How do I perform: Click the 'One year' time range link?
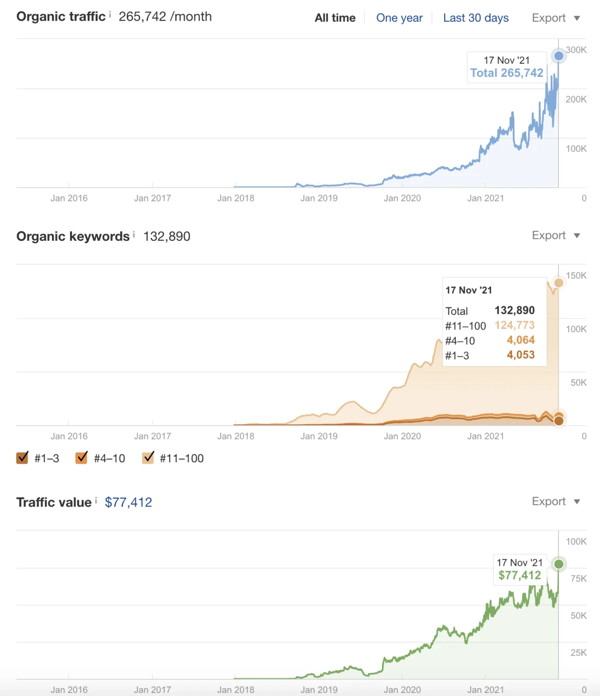[399, 18]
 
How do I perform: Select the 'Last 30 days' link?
[475, 18]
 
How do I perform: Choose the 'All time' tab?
[335, 18]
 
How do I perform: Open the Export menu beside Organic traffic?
[555, 18]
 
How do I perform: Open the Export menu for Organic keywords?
[555, 236]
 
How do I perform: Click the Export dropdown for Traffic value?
[555, 501]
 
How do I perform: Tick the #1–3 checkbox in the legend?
[22, 458]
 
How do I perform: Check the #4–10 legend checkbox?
[81, 458]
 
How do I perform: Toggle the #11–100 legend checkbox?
[148, 458]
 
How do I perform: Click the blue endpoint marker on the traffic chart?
[558, 56]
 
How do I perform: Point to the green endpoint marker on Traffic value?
[558, 564]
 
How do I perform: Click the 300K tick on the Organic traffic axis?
[576, 50]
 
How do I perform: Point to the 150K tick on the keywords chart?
[576, 276]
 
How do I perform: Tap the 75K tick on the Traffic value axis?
[578, 578]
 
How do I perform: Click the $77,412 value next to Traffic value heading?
[128, 502]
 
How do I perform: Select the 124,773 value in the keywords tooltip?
[514, 325]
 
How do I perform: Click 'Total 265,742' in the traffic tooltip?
[506, 73]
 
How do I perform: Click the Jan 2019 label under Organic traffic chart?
[319, 198]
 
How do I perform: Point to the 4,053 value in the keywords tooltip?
[520, 355]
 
